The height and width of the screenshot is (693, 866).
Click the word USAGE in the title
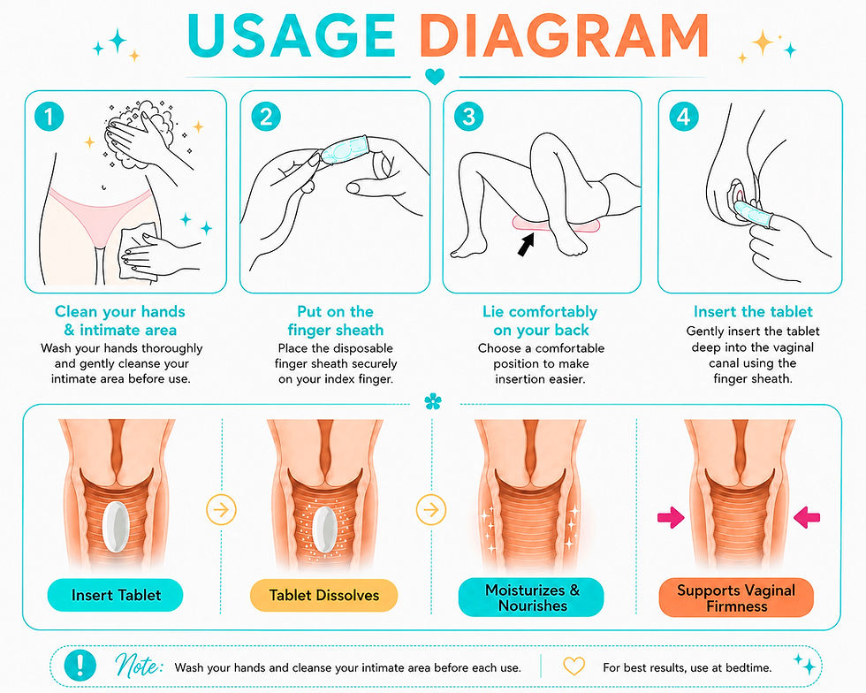(291, 35)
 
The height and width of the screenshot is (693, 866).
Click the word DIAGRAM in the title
(564, 35)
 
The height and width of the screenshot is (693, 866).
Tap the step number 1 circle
(49, 117)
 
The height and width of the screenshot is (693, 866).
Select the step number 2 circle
(266, 117)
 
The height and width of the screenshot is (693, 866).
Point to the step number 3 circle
(469, 117)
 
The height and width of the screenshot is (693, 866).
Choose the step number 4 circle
(683, 117)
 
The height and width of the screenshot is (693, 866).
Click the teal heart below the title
(435, 76)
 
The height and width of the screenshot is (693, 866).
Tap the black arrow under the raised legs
(527, 244)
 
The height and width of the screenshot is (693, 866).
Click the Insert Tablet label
(116, 595)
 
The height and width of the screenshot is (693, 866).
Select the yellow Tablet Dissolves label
(324, 595)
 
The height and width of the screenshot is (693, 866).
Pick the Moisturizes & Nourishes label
(531, 598)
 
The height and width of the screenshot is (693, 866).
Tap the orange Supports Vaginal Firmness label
(736, 598)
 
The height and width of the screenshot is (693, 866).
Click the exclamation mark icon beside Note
(80, 665)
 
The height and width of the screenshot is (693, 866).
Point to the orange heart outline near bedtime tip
(574, 666)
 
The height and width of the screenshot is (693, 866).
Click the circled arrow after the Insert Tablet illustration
(222, 509)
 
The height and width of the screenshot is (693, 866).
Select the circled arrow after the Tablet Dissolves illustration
(431, 509)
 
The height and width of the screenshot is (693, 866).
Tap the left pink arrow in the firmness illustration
(671, 518)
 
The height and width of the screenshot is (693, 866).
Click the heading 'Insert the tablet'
(753, 312)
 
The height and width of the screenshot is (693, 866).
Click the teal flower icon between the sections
(433, 402)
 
